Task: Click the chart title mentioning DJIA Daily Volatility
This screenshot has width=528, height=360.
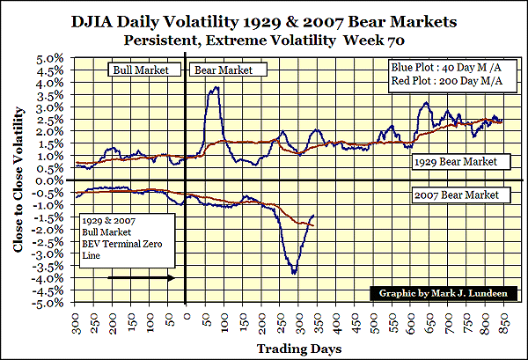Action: tap(263, 19)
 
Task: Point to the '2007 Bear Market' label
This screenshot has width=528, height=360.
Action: tap(458, 195)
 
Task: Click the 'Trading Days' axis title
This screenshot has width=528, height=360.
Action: tap(294, 349)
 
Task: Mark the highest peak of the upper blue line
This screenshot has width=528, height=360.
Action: tap(215, 87)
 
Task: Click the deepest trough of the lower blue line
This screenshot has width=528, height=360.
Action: tap(293, 273)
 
